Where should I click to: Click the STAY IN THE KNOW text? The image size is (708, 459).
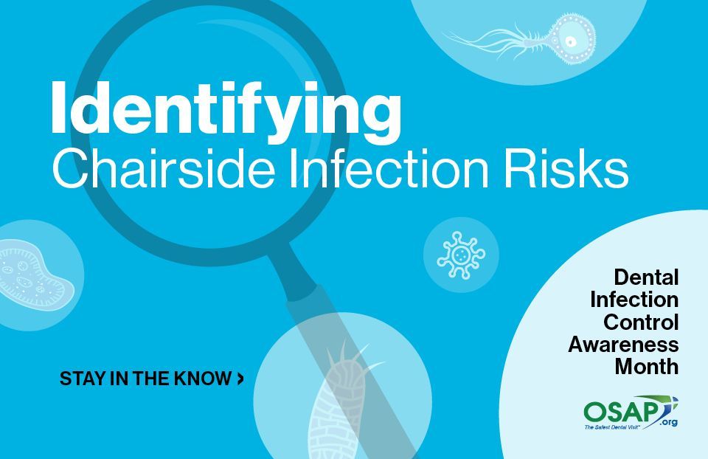point(146,379)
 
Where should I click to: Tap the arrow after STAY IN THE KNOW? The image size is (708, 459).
point(240,379)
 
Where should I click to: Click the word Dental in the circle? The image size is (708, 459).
point(646,277)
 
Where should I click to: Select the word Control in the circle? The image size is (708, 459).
point(641,322)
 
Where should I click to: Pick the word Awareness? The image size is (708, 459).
point(624,344)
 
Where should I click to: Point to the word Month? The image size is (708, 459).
point(647,366)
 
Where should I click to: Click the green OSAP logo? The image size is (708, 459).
point(631,412)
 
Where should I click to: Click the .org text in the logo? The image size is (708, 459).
point(668,422)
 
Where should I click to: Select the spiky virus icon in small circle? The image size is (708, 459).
point(461,255)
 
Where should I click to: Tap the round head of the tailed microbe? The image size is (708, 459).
point(571,40)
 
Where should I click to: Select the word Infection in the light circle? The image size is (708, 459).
point(634,300)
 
